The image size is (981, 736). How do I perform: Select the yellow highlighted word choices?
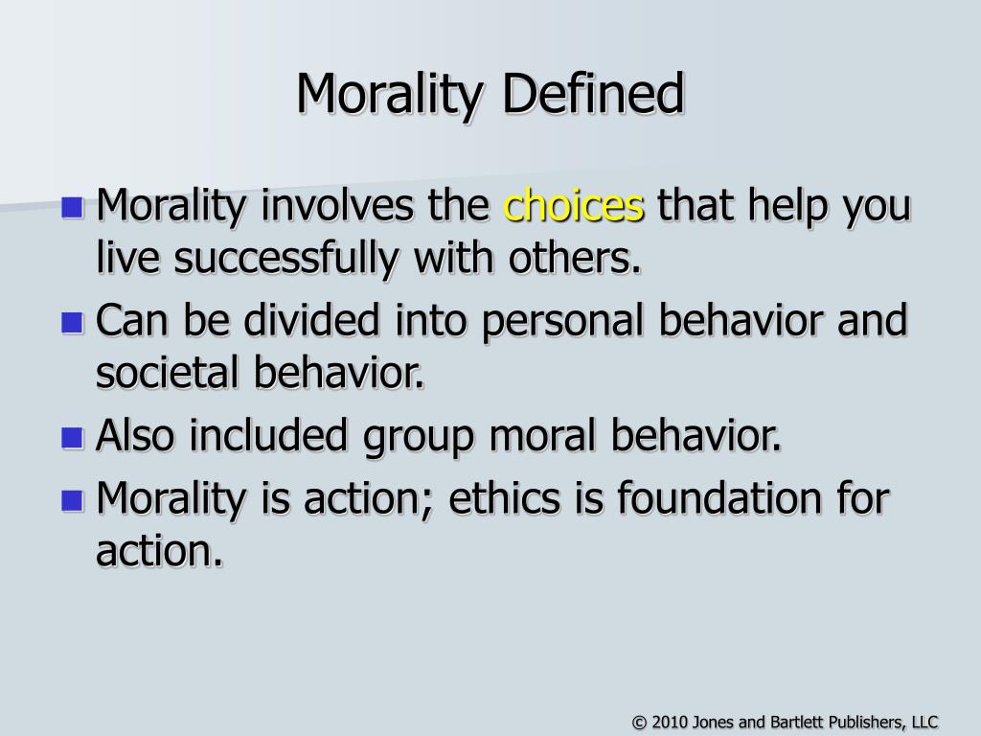[x=574, y=205]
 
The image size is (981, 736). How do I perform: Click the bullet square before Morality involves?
[x=71, y=206]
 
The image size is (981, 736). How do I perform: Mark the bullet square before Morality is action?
[x=71, y=498]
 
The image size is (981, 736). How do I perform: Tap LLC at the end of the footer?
[x=924, y=722]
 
